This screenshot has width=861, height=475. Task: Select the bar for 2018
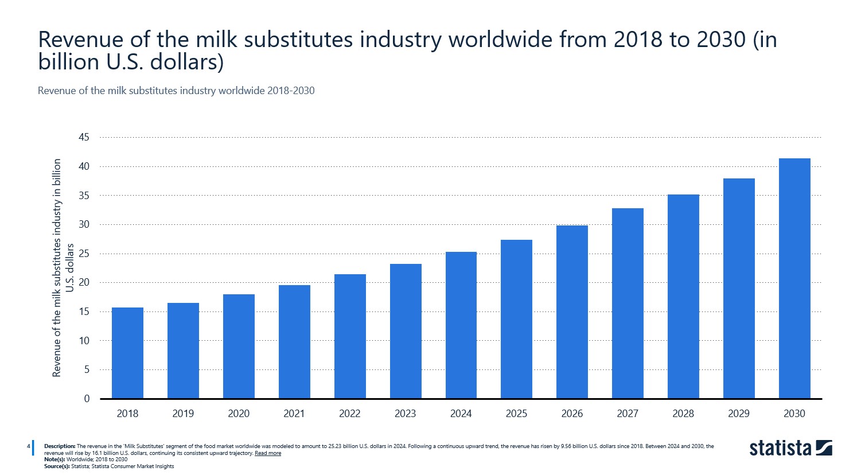127,353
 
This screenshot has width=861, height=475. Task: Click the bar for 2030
794,278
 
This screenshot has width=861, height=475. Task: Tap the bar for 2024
461,325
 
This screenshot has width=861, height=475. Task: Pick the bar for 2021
294,341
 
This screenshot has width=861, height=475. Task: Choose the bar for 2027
628,303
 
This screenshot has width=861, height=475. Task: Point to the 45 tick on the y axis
84,137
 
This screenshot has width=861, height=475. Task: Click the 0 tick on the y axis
87,399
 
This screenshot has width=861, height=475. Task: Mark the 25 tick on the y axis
84,254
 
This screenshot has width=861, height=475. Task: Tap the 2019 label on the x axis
183,414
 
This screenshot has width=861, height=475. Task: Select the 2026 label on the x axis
572,414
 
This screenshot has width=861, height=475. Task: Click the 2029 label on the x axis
739,414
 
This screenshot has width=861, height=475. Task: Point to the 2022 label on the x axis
350,414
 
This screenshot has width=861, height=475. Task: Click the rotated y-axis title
63,268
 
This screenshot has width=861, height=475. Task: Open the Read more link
268,453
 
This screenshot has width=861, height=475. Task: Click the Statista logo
790,448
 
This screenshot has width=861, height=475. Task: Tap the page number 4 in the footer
28,446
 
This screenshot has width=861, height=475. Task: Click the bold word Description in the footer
60,446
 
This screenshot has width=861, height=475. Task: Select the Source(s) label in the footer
57,466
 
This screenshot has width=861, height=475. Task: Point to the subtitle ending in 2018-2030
176,91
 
